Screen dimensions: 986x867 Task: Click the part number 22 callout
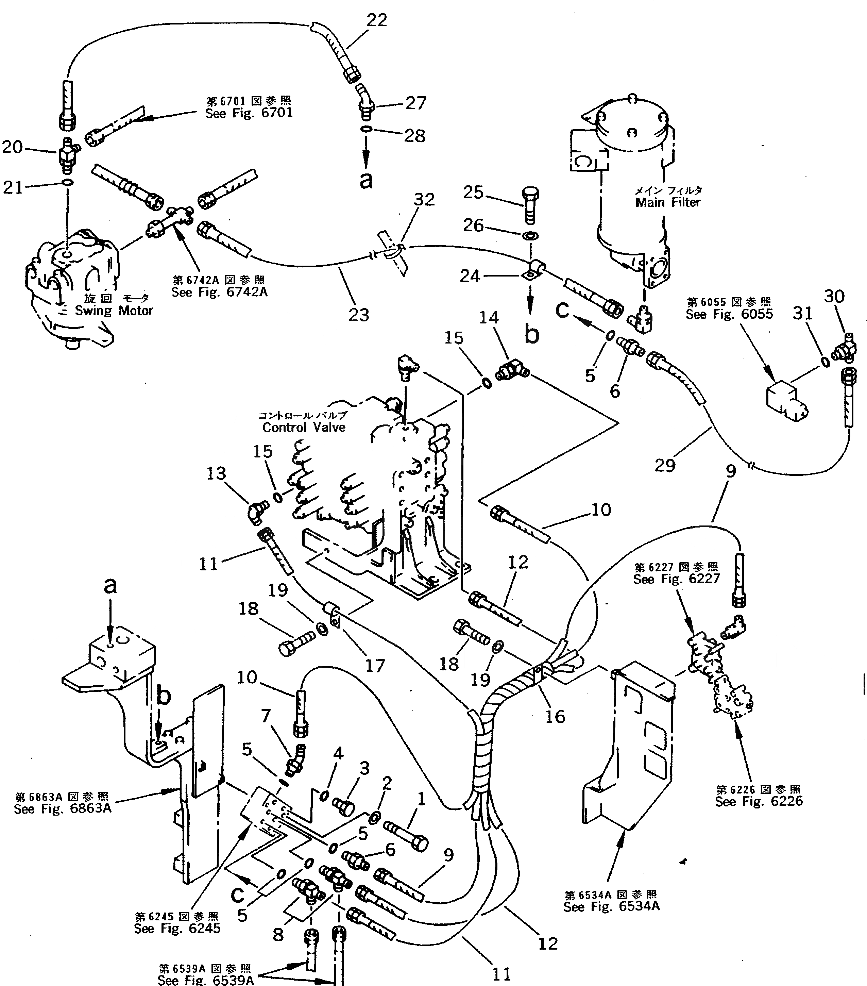377,20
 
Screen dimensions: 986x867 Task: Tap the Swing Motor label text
114,311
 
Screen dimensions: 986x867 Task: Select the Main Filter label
667,203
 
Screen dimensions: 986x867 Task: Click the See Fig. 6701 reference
249,113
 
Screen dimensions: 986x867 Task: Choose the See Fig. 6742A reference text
219,292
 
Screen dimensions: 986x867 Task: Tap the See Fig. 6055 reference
729,314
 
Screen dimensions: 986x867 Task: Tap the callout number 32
424,200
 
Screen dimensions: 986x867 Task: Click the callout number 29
664,466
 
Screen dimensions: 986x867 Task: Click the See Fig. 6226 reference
759,801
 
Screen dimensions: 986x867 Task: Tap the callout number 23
358,315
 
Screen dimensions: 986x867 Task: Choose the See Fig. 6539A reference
205,980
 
